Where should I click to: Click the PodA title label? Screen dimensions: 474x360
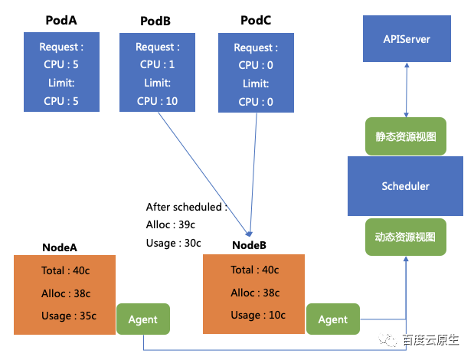coord(61,20)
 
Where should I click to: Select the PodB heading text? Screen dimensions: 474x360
coord(155,21)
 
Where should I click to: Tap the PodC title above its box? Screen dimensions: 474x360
coord(256,20)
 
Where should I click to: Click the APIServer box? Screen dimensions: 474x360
coord(407,39)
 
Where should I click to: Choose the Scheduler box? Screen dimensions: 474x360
coord(405,186)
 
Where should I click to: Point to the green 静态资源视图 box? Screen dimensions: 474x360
coord(406,136)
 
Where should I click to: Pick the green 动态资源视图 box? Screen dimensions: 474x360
coord(406,237)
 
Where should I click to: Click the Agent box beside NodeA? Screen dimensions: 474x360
coord(143,319)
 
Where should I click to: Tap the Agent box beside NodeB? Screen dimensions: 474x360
coord(333,319)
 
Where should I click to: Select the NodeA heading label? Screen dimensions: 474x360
coord(60,247)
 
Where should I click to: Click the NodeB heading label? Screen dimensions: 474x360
coord(249,245)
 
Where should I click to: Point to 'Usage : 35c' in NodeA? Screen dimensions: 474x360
coord(69,316)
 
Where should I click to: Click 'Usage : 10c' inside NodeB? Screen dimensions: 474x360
coord(258,315)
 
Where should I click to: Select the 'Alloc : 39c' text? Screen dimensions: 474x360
coord(171,224)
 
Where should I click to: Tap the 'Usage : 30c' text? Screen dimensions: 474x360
coord(174,243)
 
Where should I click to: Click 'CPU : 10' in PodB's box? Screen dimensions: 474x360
coord(157,101)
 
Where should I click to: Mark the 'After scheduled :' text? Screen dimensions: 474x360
coord(187,207)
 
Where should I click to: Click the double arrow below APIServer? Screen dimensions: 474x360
coord(407,90)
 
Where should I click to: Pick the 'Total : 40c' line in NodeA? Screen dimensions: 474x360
coord(66,270)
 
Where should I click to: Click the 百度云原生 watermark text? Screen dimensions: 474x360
coord(431,340)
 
